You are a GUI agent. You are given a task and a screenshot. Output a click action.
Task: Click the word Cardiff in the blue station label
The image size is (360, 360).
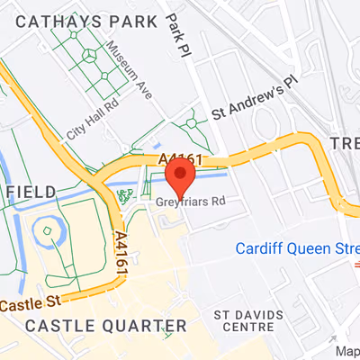[x=259, y=248]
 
